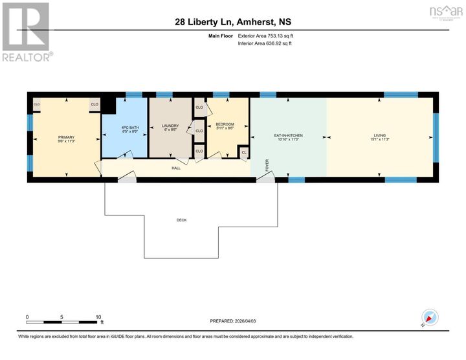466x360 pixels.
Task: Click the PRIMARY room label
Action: point(66,137)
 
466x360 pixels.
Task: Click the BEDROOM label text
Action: point(225,124)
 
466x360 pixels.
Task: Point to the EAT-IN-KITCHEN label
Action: point(289,136)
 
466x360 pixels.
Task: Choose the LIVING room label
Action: point(379,136)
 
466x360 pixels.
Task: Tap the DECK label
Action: point(181,220)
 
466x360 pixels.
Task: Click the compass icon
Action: point(430,318)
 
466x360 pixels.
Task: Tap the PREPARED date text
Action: point(233,321)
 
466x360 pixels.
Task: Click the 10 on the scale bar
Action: point(98,317)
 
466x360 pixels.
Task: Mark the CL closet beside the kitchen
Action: point(244,153)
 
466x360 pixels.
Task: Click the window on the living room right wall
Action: point(436,137)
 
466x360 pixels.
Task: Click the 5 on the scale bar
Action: point(62,317)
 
